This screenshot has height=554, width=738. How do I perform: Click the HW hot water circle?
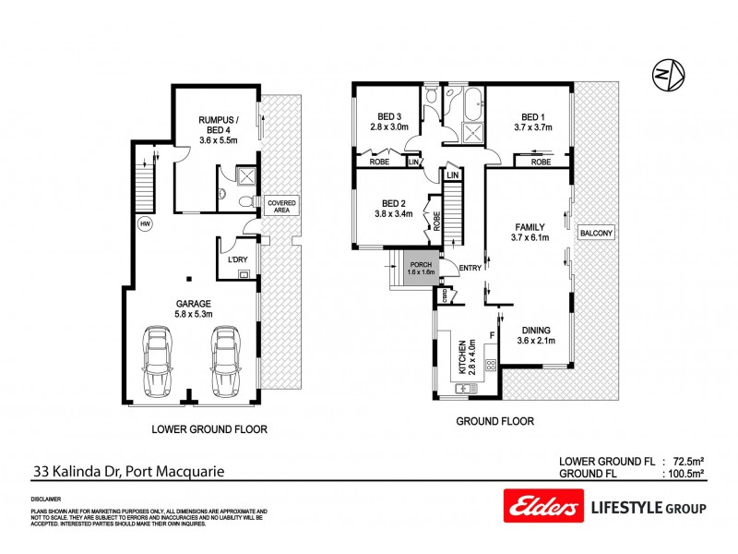pyautogui.click(x=145, y=223)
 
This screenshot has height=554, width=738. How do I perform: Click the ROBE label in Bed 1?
pyautogui.click(x=541, y=162)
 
